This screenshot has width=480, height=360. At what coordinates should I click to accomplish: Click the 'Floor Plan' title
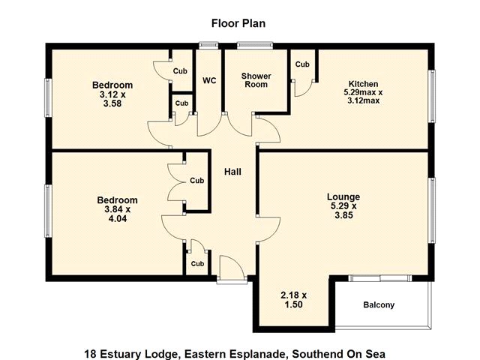click(x=238, y=23)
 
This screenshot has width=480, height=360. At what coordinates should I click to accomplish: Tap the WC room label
click(x=209, y=81)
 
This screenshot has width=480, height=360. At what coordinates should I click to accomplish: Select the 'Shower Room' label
click(x=256, y=80)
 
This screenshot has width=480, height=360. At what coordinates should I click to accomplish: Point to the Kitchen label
click(x=363, y=84)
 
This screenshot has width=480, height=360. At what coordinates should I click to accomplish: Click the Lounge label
click(x=343, y=196)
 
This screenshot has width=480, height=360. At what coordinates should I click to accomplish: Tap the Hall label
click(x=232, y=172)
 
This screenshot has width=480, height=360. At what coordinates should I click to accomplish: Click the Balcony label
click(x=379, y=305)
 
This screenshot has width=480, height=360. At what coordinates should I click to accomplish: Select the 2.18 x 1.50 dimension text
click(x=293, y=300)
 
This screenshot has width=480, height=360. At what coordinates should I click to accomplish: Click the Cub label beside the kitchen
click(x=302, y=64)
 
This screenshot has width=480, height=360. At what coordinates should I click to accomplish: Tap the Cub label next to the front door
click(x=197, y=263)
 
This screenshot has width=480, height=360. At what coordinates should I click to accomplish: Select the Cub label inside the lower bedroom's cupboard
click(x=196, y=181)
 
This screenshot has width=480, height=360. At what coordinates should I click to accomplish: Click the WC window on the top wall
click(x=208, y=46)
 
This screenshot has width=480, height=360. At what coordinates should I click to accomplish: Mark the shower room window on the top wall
click(x=255, y=46)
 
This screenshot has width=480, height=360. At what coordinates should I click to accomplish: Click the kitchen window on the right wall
click(x=432, y=97)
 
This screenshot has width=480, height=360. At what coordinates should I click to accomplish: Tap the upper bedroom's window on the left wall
click(x=48, y=97)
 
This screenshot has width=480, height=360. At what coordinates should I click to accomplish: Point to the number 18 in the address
click(x=90, y=354)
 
